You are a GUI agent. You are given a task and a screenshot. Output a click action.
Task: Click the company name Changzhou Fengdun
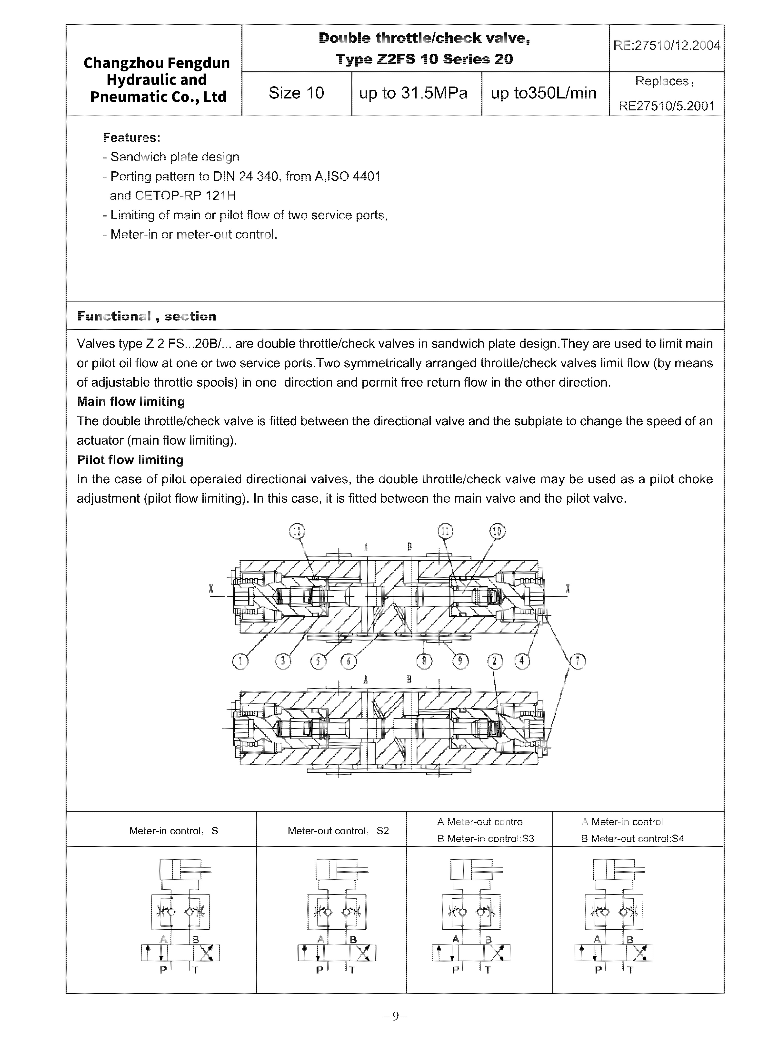tap(157, 63)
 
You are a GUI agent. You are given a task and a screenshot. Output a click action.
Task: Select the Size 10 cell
tap(296, 93)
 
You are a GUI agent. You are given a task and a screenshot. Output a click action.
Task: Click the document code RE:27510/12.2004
tap(667, 45)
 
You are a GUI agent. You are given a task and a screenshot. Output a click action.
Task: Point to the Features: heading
tap(131, 137)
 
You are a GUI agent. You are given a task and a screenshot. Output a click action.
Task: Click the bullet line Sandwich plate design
tap(175, 157)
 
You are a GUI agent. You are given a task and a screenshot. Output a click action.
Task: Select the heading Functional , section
tap(146, 316)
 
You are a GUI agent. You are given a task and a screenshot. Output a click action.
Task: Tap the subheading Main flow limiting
tap(131, 401)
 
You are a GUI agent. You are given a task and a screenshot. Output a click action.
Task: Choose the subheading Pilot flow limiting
tap(130, 460)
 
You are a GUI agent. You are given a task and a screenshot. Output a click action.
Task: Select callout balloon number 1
tap(240, 662)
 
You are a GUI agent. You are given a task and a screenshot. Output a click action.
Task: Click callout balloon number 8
tap(424, 662)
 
